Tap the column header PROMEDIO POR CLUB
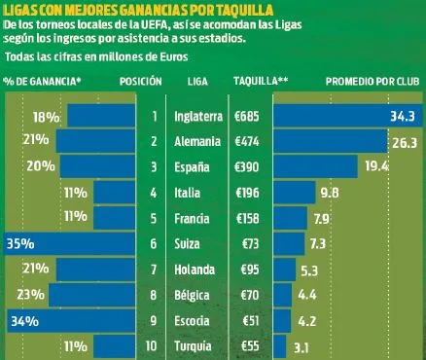click(373, 82)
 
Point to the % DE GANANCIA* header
click(44, 82)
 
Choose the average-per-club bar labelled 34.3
click(345, 116)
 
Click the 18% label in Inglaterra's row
click(46, 116)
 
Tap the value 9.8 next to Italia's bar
click(329, 192)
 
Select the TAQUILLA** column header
click(254, 82)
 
